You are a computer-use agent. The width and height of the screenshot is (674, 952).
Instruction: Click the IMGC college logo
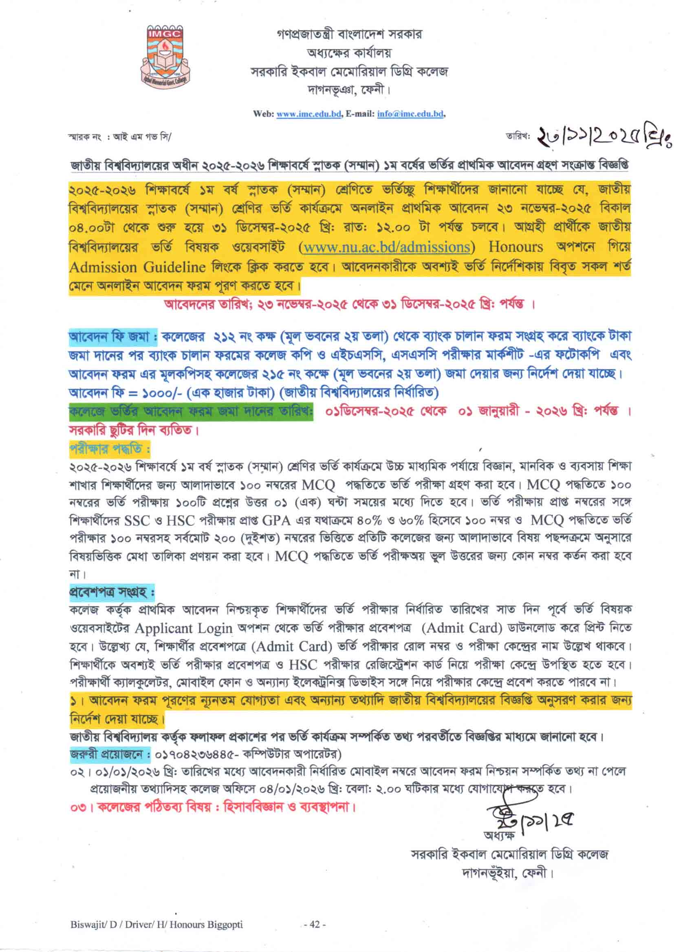pyautogui.click(x=165, y=58)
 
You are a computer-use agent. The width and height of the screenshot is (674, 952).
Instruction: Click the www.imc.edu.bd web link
pyautogui.click(x=309, y=114)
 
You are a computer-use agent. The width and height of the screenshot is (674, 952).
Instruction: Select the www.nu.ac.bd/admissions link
pyautogui.click(x=386, y=247)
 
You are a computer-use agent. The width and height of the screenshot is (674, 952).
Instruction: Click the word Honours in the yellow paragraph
pyautogui.click(x=515, y=247)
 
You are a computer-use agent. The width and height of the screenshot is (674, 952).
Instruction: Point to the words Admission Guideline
pyautogui.click(x=137, y=268)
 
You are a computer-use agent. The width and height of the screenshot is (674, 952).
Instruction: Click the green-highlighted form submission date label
pyautogui.click(x=191, y=412)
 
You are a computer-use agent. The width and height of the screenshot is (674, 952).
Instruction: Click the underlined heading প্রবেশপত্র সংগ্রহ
pyautogui.click(x=111, y=592)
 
